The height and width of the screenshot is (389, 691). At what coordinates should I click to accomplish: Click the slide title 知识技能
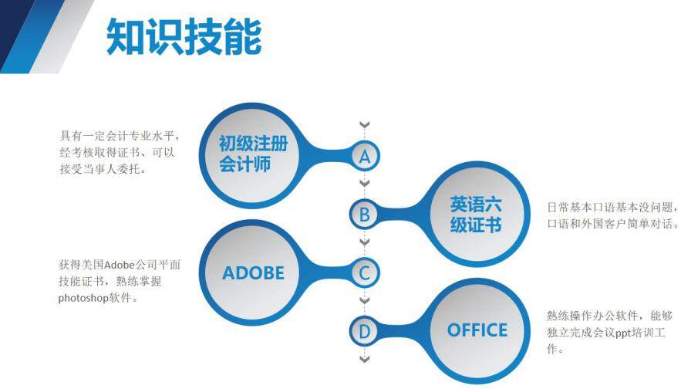[184, 37]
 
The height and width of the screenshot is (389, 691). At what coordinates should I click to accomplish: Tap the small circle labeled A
[365, 156]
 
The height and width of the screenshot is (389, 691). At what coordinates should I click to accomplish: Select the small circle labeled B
[365, 213]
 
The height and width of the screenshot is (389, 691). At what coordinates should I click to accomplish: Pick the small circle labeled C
[365, 272]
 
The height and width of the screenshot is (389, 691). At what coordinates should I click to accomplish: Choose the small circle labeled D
[365, 331]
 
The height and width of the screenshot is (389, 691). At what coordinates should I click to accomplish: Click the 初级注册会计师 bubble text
[252, 153]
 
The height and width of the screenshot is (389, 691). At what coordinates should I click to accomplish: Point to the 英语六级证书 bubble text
[476, 214]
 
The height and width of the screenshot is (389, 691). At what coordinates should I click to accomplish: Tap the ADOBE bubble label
[253, 272]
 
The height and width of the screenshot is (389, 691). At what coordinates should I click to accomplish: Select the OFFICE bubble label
[477, 330]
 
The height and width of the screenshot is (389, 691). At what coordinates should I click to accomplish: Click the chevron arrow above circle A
[365, 125]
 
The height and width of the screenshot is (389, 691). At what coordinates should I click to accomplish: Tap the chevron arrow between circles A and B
[365, 184]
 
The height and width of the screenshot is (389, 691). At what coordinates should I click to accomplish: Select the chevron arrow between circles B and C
[365, 242]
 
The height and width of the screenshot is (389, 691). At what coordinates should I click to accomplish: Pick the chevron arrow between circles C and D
[365, 301]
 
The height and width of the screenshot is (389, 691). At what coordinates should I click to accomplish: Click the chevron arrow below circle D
[365, 359]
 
